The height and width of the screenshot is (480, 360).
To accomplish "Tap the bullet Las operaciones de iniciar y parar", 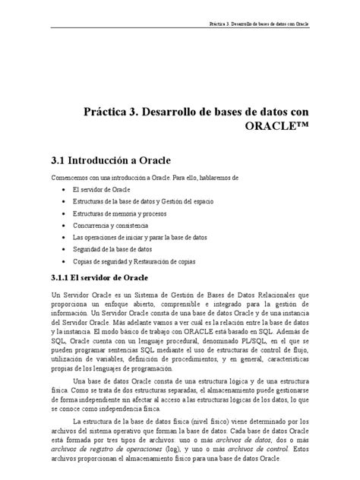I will point(130,237).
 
